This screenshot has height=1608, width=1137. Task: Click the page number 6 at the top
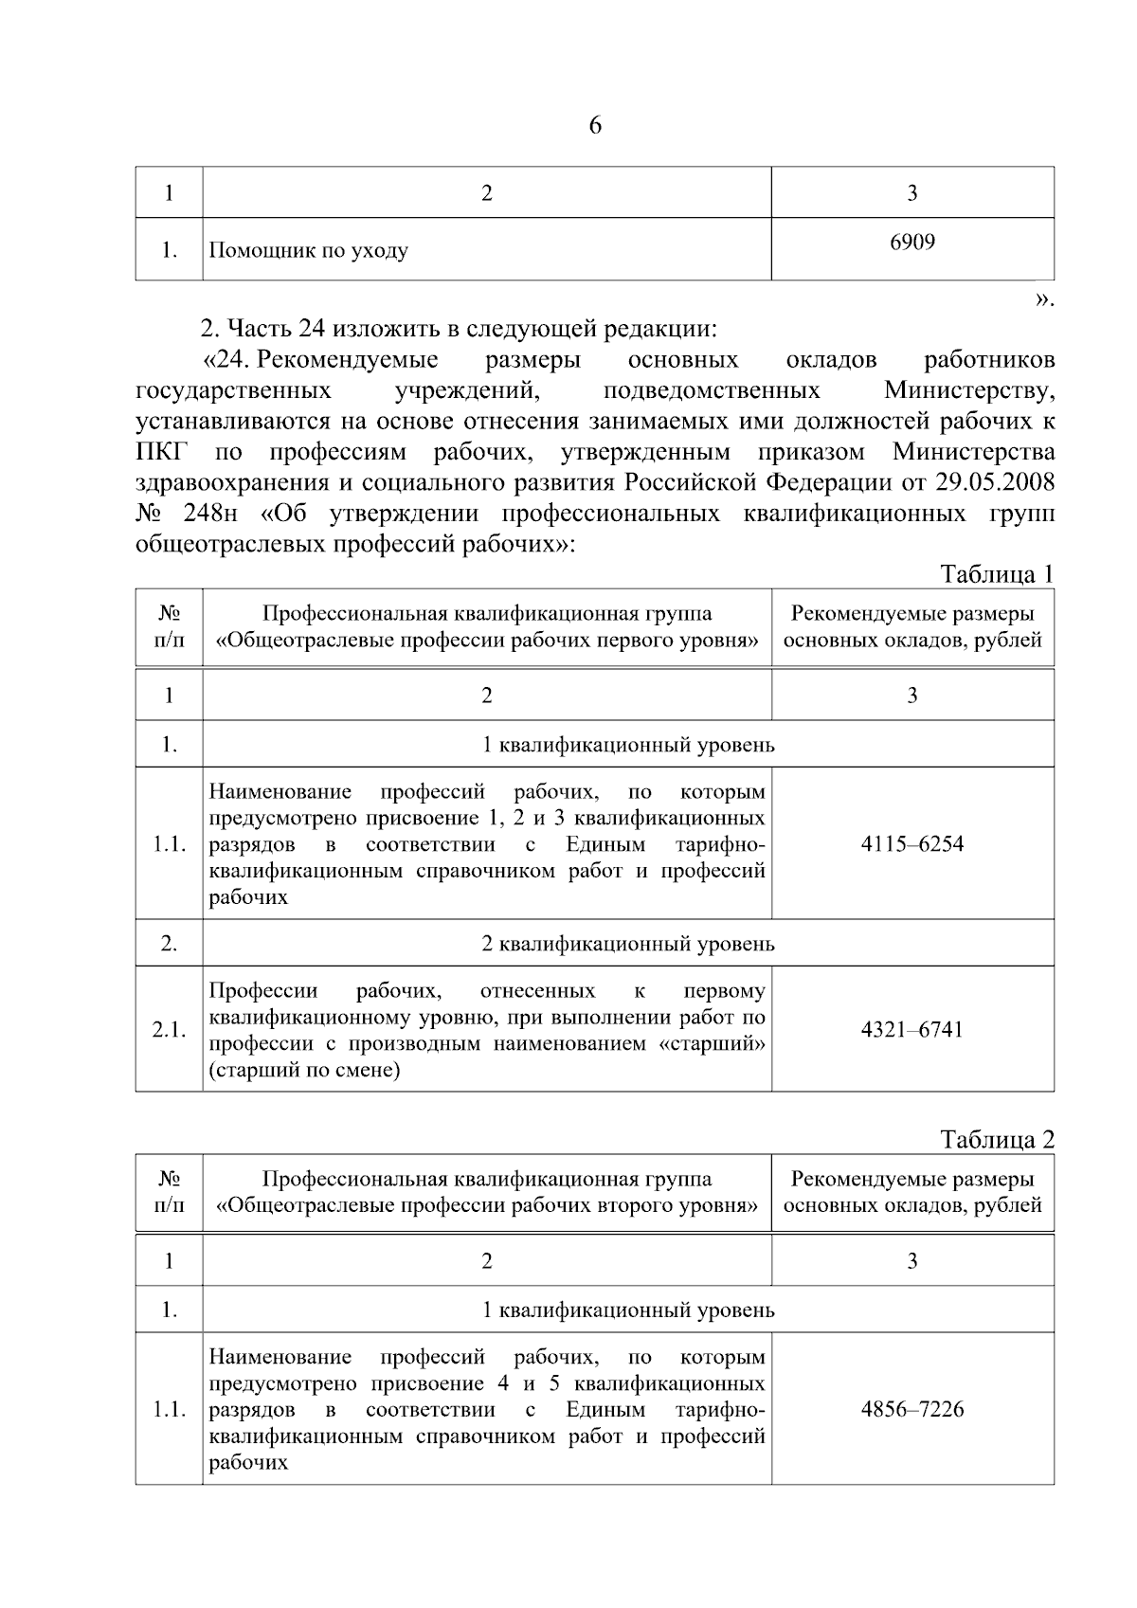tap(595, 126)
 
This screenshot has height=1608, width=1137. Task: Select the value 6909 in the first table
tap(911, 243)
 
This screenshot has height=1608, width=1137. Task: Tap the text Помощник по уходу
tap(308, 251)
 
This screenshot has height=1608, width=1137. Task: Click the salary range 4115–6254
tap(911, 844)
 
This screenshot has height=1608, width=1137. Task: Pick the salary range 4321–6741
tap(911, 1030)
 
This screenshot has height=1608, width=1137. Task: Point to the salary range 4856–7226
tap(911, 1409)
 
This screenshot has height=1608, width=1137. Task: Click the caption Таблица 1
tap(996, 574)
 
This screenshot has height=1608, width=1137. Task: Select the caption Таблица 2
tap(996, 1140)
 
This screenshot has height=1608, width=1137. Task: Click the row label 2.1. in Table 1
tap(169, 1030)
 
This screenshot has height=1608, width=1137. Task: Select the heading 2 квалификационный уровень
tap(627, 944)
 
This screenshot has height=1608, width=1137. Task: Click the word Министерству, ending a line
tap(968, 390)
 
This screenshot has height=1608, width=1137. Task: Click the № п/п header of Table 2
tap(169, 1192)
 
